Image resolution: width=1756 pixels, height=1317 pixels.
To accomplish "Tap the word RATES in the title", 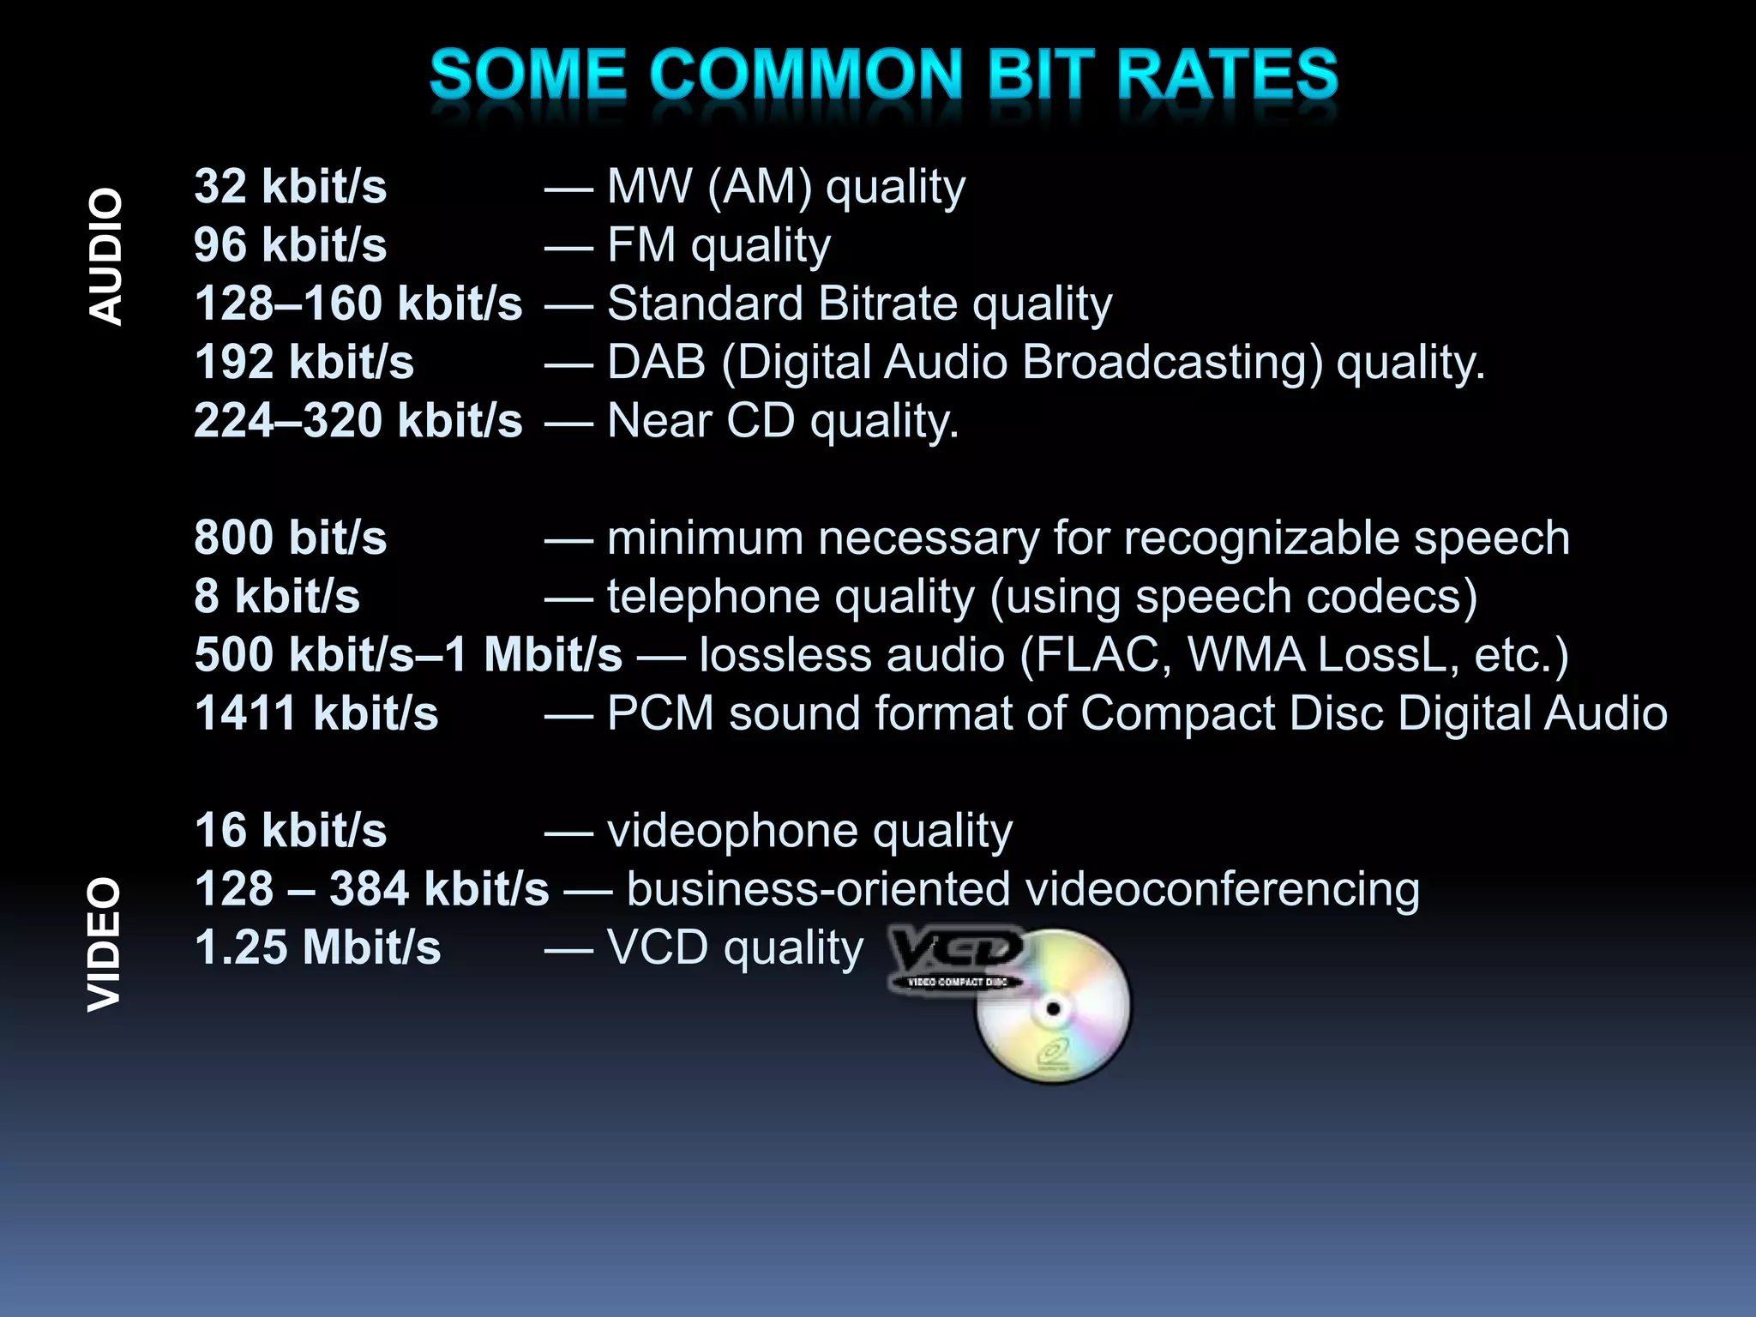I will [x=1227, y=75].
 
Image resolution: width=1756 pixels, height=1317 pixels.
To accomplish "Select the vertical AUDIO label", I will [x=106, y=256].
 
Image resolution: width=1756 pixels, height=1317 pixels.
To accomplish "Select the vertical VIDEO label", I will [x=106, y=943].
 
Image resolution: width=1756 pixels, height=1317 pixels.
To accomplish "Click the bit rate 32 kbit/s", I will [x=290, y=187].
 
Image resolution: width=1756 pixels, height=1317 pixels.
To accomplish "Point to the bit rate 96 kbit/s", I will [x=290, y=245].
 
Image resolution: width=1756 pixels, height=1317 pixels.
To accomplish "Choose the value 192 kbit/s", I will [x=304, y=362].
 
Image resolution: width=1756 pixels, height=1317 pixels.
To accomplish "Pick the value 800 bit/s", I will [x=290, y=538].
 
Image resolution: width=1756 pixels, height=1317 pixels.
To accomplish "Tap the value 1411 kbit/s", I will [x=316, y=713].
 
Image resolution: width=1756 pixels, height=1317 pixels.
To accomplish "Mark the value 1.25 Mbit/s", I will [x=317, y=947].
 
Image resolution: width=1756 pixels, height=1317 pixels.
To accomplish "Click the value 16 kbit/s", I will [x=290, y=830].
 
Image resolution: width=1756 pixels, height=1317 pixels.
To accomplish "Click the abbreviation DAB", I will [x=656, y=362].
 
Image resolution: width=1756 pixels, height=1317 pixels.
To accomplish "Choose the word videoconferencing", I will [x=1222, y=890].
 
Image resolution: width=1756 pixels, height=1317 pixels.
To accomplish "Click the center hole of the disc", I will [x=1053, y=1008].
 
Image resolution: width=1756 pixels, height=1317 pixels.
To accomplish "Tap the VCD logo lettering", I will [x=956, y=950].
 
